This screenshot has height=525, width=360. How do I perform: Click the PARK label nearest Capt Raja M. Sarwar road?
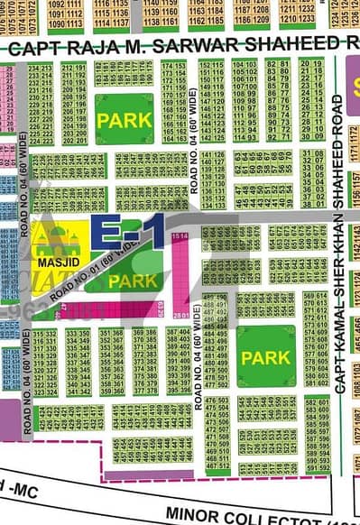124,118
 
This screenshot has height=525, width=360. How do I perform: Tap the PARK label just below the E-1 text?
132,281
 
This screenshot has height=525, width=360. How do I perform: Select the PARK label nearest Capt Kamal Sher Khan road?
265,357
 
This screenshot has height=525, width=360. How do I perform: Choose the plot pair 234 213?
40,69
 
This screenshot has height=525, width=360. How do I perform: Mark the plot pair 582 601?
315,401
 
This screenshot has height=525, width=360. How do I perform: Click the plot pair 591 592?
315,467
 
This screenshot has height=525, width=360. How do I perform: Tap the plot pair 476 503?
217,401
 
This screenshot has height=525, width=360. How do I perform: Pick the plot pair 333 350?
77,333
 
